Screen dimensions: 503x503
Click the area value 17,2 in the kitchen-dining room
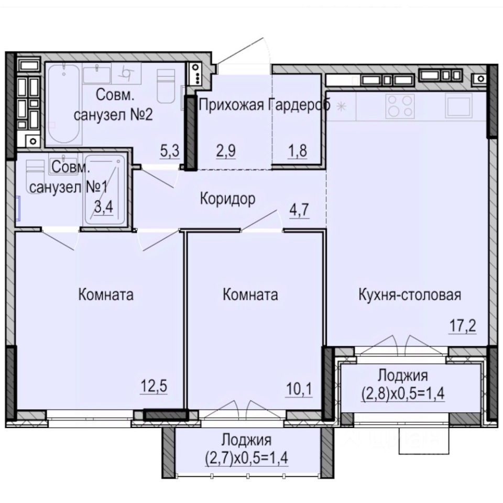pos(463,326)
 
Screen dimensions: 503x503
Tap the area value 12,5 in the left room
pos(154,386)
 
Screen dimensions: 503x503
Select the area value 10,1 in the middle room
pos(299,389)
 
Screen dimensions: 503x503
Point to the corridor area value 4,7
pos(299,210)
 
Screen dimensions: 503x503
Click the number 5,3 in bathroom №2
pos(169,151)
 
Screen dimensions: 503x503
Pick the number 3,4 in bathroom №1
pos(104,207)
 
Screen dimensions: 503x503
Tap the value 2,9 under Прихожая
pos(226,151)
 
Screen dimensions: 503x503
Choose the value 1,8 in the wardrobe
pos(298,151)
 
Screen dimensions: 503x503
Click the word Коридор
pos(228,199)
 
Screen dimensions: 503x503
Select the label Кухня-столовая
pos(410,294)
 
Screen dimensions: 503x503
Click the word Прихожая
pos(232,105)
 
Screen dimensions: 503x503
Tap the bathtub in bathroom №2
pos(64,105)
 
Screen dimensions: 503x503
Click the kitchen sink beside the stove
pos(459,105)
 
